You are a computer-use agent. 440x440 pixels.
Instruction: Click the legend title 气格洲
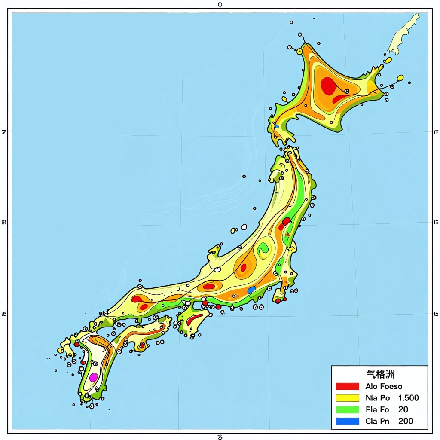[380, 374]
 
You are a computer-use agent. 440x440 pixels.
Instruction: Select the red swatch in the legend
[347, 386]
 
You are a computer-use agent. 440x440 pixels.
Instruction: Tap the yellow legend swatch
[347, 398]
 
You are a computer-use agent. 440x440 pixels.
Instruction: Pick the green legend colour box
[347, 409]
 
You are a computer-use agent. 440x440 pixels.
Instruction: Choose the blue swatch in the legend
[347, 421]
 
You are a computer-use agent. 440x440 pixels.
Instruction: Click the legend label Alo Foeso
[384, 386]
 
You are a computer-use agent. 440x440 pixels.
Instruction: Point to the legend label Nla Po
[378, 398]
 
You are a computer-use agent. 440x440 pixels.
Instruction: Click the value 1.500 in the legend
[408, 398]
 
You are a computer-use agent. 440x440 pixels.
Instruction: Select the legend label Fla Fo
[377, 409]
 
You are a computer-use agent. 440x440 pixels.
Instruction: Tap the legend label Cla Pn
[377, 421]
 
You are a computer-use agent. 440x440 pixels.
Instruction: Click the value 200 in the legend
[406, 421]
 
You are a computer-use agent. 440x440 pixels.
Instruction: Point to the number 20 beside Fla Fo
[403, 409]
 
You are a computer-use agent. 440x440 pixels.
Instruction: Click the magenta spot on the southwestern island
[93, 377]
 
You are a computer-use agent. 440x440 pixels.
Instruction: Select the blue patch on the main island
[252, 290]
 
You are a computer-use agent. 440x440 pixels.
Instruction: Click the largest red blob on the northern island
[328, 86]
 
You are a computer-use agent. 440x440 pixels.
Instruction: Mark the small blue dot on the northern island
[277, 126]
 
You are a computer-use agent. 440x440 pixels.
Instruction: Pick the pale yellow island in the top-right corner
[403, 34]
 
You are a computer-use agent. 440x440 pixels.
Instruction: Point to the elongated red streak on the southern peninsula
[194, 318]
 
